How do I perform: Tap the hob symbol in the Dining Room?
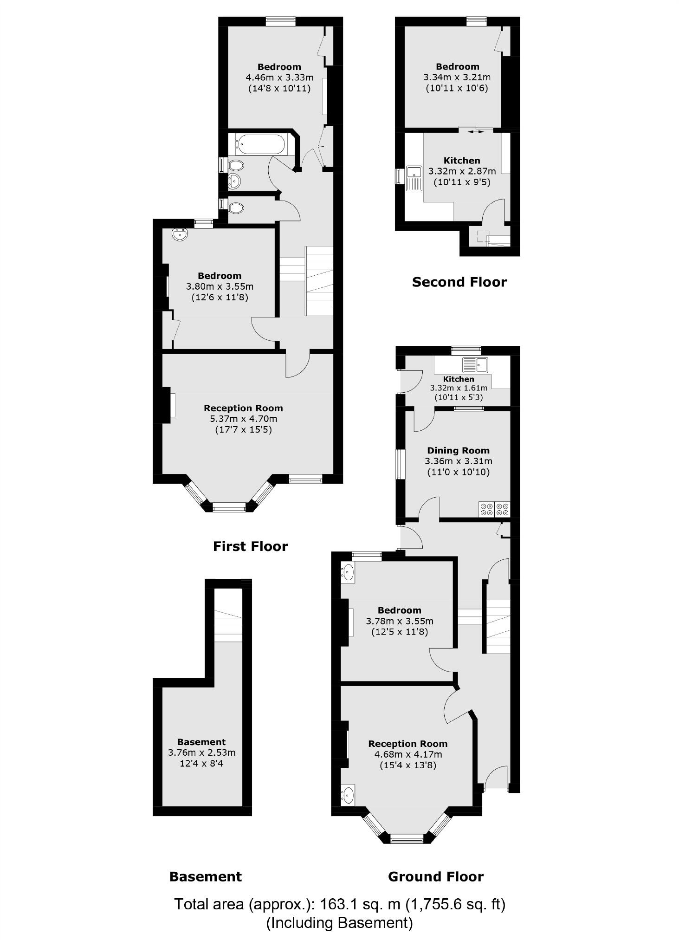(x=494, y=509)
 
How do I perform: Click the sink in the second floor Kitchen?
(x=413, y=179)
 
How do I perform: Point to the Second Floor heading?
(x=459, y=282)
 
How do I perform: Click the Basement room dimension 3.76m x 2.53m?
(x=201, y=752)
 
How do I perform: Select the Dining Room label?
(x=458, y=450)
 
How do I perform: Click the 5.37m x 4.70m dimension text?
(x=243, y=419)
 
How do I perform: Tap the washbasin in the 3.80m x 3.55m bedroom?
(x=180, y=235)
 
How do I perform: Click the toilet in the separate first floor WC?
(x=236, y=207)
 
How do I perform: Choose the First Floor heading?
(x=250, y=546)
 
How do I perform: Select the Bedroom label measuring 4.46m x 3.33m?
(x=279, y=67)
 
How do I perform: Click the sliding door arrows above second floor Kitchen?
(x=474, y=132)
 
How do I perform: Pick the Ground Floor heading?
(x=435, y=876)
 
